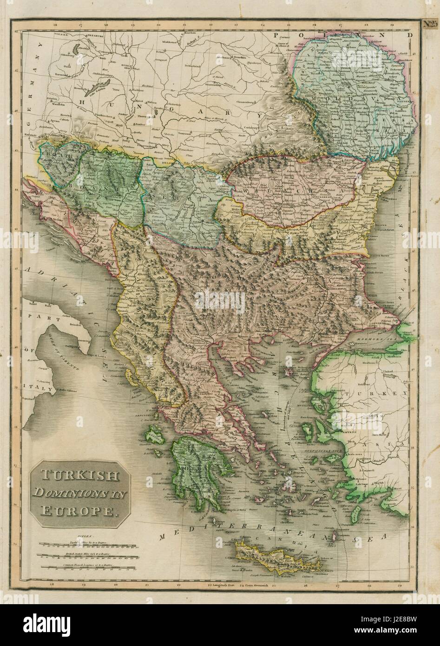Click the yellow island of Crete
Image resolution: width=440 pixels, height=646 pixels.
pyautogui.click(x=279, y=555)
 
